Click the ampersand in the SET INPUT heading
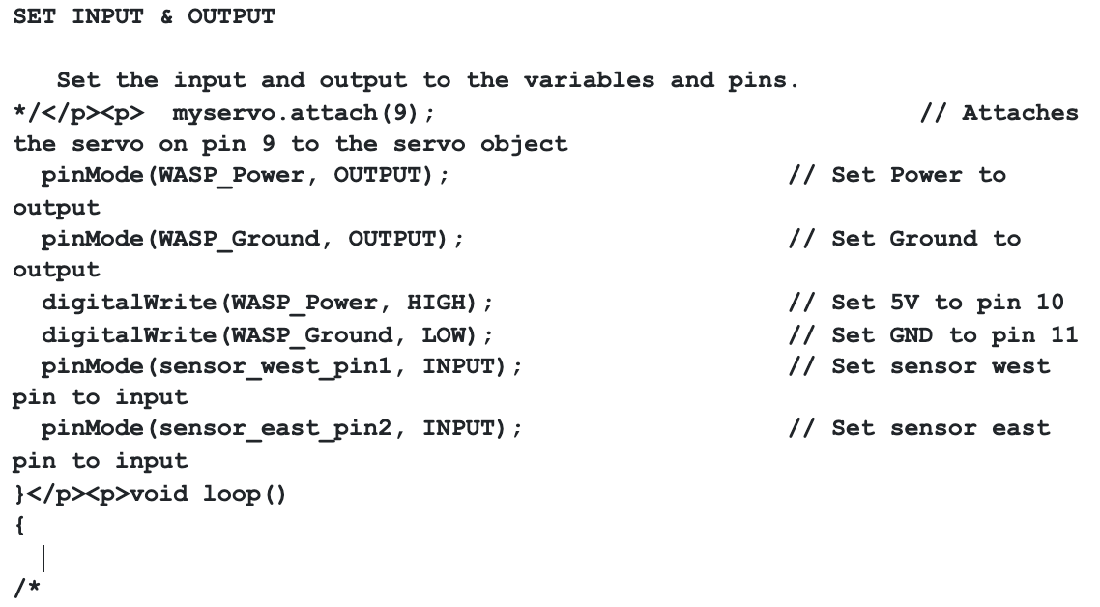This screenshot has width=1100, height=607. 166,16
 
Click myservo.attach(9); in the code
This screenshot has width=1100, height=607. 304,113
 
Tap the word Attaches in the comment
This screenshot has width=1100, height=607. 1020,113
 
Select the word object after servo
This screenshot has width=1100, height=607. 524,145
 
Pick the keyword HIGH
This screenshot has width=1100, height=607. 436,303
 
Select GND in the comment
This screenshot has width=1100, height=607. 912,334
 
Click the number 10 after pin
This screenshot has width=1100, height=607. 1050,303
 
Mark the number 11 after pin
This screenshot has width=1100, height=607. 1064,334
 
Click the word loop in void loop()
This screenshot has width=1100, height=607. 232,494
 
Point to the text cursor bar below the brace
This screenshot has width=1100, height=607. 43,560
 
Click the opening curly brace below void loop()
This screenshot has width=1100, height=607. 19,526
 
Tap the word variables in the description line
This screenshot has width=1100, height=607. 590,80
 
